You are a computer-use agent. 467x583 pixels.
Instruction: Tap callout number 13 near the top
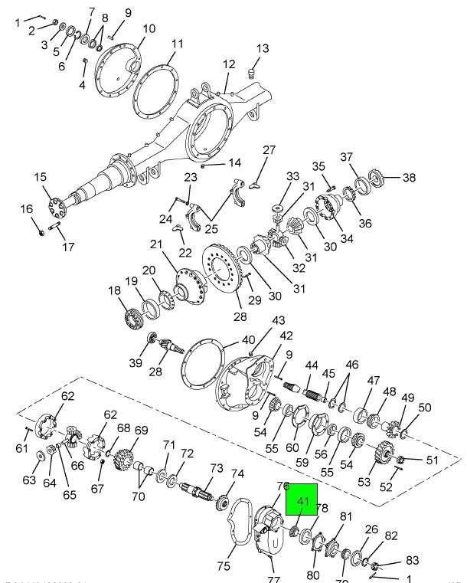263,48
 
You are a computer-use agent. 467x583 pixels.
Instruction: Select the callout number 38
410,178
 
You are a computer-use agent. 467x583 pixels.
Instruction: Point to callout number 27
269,150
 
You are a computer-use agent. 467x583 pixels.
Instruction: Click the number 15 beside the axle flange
40,178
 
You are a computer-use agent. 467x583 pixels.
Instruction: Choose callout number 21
156,244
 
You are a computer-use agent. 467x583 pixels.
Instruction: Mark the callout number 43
278,320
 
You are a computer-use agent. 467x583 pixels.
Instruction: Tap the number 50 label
425,408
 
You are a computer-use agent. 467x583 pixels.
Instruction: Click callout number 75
224,566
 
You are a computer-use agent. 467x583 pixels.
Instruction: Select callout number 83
412,561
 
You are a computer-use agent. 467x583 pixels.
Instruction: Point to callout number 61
21,448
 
